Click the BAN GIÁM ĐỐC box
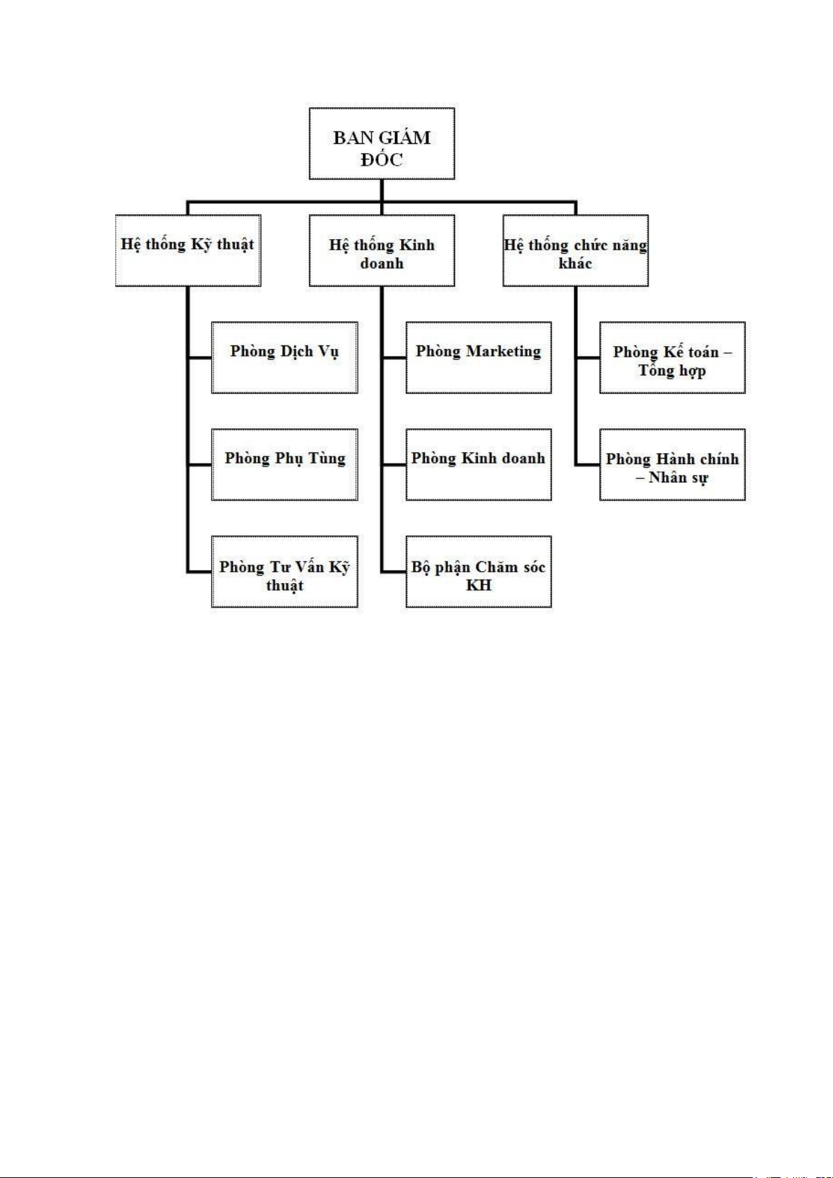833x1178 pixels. [x=382, y=143]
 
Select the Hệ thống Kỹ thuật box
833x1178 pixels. [x=188, y=250]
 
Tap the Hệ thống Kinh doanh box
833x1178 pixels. [x=382, y=250]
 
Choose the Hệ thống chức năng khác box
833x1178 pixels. [x=575, y=250]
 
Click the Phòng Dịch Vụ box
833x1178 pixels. [x=285, y=358]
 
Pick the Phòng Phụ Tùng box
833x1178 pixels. [x=285, y=464]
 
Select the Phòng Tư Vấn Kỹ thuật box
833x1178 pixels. [x=285, y=572]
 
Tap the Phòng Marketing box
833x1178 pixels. [x=479, y=358]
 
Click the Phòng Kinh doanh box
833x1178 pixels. [x=479, y=464]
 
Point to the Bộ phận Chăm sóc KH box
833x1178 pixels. [x=479, y=572]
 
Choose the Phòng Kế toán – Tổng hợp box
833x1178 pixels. [x=672, y=358]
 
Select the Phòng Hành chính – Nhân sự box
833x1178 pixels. [x=672, y=464]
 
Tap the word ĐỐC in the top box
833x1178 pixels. [x=382, y=158]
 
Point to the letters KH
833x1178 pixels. [x=479, y=584]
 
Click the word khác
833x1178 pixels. [x=575, y=263]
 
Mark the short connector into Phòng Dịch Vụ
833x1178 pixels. [x=200, y=358]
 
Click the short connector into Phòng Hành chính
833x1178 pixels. [x=588, y=465]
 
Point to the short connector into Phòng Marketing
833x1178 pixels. [x=393, y=358]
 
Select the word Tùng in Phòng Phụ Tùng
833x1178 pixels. [x=326, y=459]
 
